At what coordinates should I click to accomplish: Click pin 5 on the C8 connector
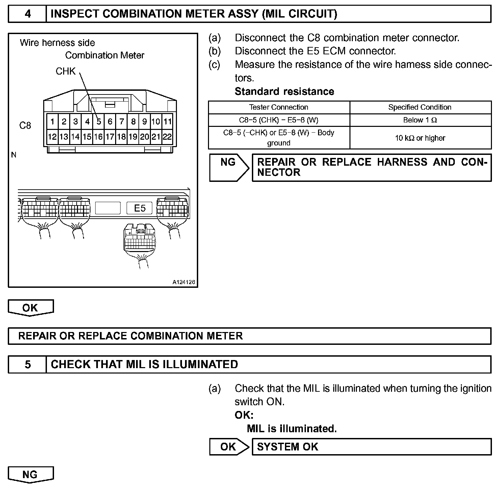click(x=99, y=121)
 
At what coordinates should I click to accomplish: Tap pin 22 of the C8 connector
click(x=167, y=137)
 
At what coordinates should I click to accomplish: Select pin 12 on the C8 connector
click(x=52, y=137)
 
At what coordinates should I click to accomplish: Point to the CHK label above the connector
click(x=66, y=71)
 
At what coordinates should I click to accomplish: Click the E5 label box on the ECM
click(x=139, y=208)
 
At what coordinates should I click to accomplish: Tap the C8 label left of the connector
click(x=25, y=126)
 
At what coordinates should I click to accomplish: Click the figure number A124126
click(x=184, y=282)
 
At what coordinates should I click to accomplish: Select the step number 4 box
click(x=27, y=14)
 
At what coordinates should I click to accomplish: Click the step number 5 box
click(x=27, y=364)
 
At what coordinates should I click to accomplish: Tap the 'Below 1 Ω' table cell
click(x=420, y=120)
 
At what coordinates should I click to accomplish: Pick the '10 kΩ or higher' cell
click(x=420, y=138)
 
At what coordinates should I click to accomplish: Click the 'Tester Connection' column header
click(x=279, y=107)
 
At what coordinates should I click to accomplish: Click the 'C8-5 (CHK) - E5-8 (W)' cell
click(x=279, y=120)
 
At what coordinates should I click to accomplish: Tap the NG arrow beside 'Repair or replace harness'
click(x=229, y=167)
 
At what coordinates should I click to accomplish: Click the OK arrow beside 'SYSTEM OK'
click(x=229, y=447)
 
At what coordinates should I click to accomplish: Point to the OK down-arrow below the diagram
click(x=30, y=308)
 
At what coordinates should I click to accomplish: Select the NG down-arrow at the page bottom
click(x=30, y=475)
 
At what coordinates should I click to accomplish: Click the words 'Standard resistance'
click(x=284, y=91)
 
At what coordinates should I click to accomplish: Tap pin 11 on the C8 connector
click(x=167, y=121)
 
